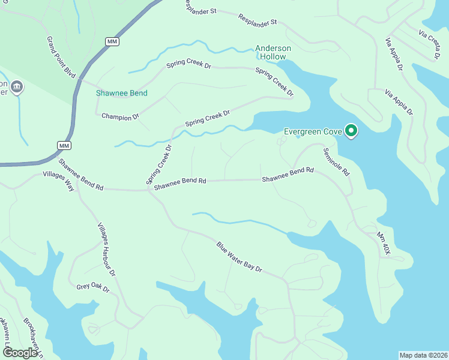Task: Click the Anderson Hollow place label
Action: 273,52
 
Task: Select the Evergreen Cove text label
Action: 313,131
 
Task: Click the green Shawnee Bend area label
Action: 122,93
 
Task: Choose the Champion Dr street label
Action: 120,115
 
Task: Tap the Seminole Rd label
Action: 337,161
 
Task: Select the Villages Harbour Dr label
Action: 106,250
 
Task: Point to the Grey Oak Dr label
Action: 93,287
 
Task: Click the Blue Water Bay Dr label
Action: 240,257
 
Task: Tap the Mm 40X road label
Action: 384,244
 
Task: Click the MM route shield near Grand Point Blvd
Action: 112,41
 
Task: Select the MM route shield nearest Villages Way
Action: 65,146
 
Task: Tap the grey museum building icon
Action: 17,88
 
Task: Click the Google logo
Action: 19,353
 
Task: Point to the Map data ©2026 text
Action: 423,355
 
